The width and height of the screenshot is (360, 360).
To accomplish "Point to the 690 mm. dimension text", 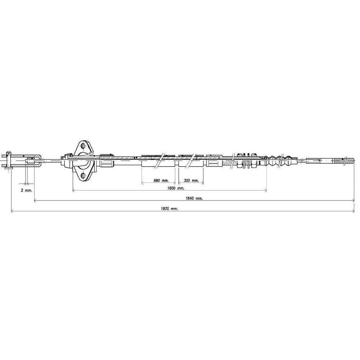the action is [x=161, y=181].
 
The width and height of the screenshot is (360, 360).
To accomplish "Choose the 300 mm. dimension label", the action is [x=191, y=181].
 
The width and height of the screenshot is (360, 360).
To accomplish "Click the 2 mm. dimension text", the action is [x=26, y=190].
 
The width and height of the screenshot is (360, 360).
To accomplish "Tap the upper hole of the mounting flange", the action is [x=84, y=146].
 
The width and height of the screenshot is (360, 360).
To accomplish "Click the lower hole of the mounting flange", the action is [x=84, y=176].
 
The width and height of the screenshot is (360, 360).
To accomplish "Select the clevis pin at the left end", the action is [x=9, y=161].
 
